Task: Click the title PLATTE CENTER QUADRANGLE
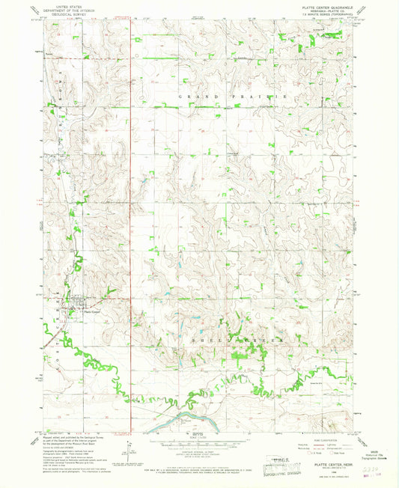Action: click(x=326, y=7)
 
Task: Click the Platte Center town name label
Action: click(x=91, y=313)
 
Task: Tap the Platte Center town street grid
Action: click(x=72, y=307)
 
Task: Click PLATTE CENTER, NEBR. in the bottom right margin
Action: click(x=329, y=466)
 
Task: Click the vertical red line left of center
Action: click(x=132, y=225)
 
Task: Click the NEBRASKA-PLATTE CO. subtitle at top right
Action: click(x=326, y=10)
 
